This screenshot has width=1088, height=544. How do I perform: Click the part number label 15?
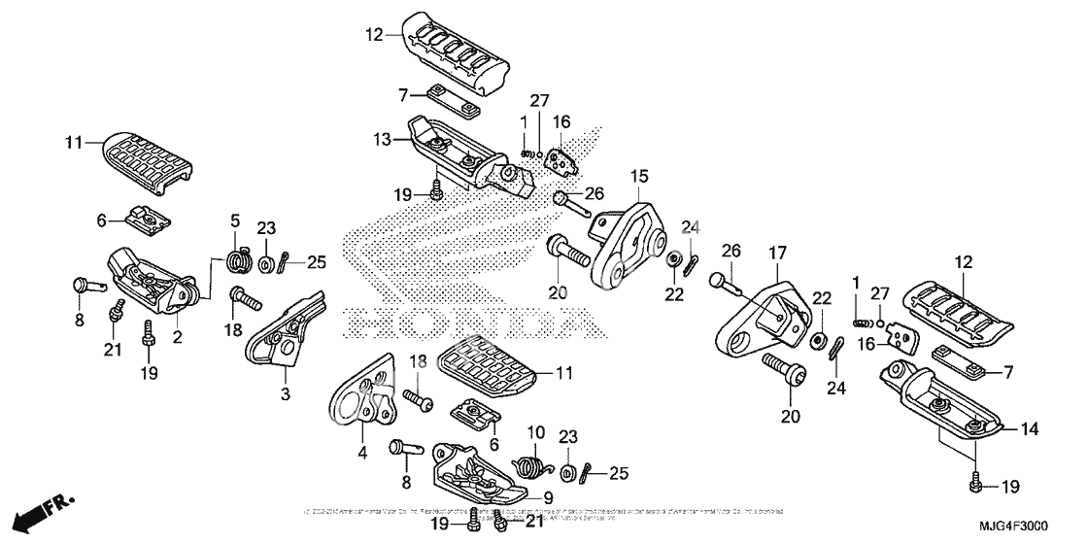[637, 176]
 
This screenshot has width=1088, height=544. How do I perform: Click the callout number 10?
[533, 430]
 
